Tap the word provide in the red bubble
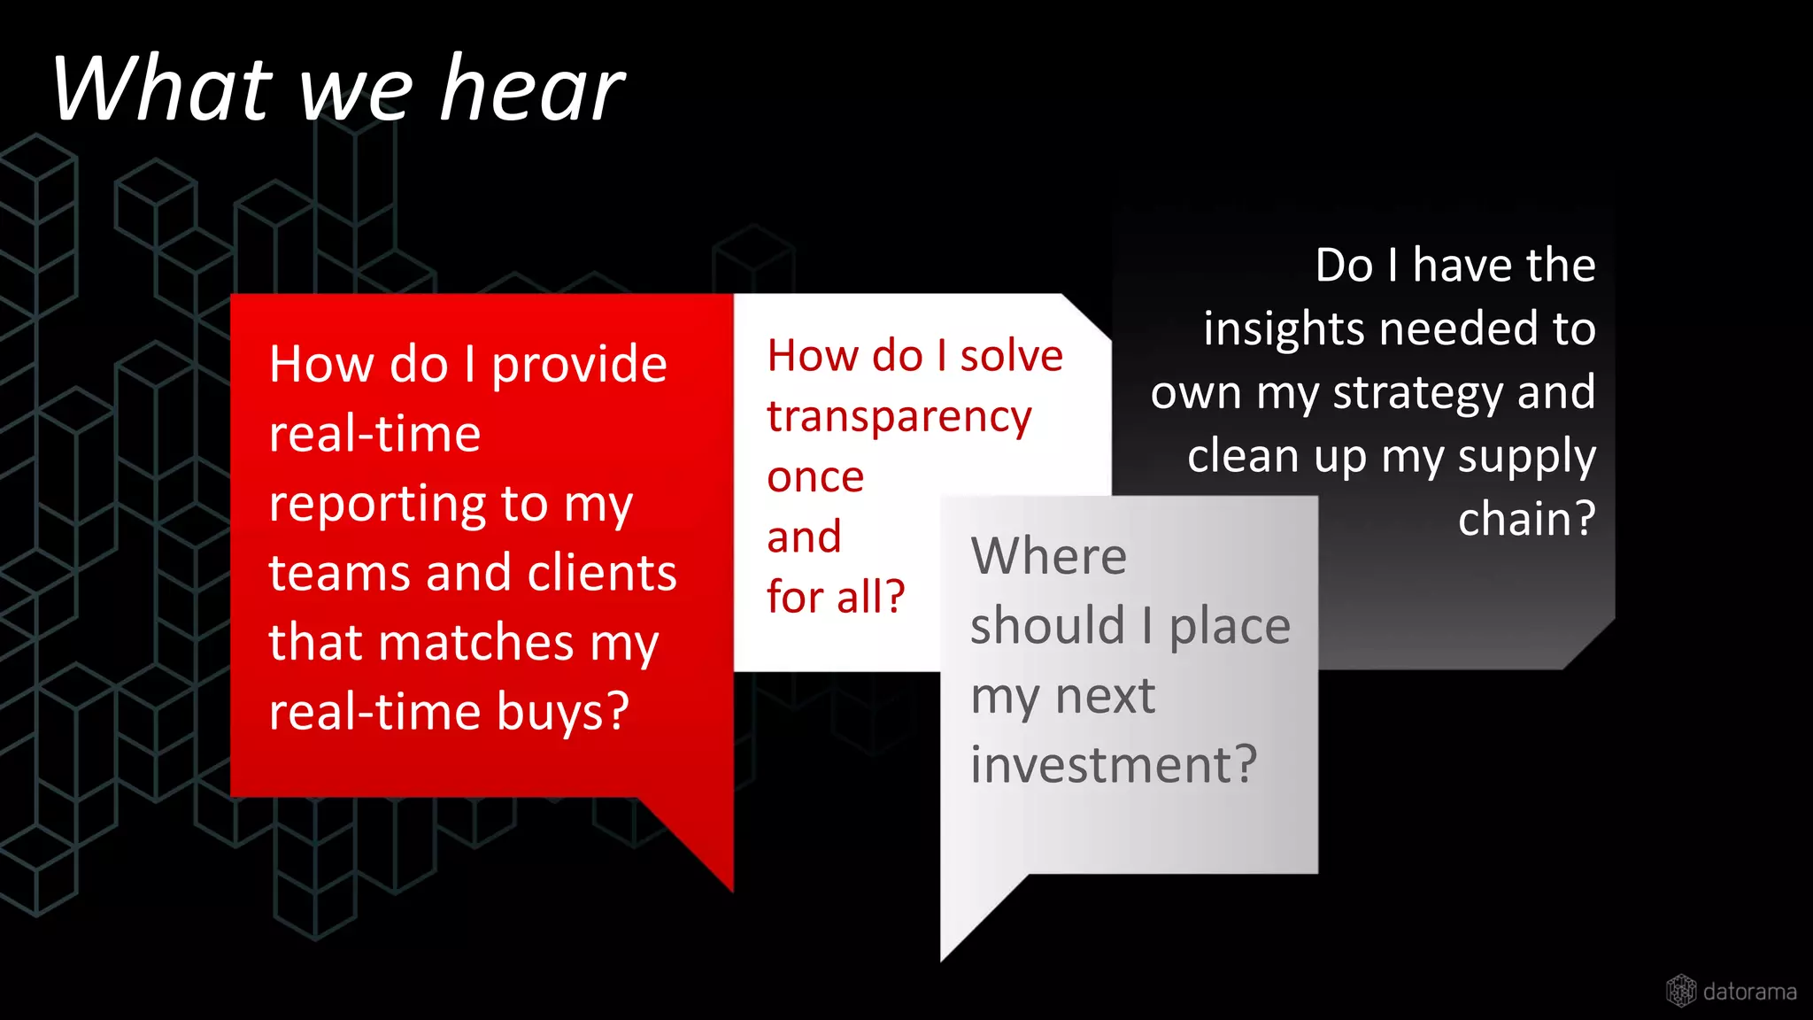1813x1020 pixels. (579, 366)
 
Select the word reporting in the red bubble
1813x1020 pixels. (377, 506)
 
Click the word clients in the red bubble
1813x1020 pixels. (602, 573)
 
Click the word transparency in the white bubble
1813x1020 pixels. (899, 418)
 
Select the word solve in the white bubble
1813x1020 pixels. (1011, 357)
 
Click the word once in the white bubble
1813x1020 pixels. (815, 478)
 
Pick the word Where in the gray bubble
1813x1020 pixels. (1048, 557)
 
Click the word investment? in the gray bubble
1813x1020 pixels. (1113, 765)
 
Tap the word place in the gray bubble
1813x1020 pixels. (1230, 627)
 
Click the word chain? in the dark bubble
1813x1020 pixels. (1526, 520)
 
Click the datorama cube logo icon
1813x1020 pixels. (1680, 991)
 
